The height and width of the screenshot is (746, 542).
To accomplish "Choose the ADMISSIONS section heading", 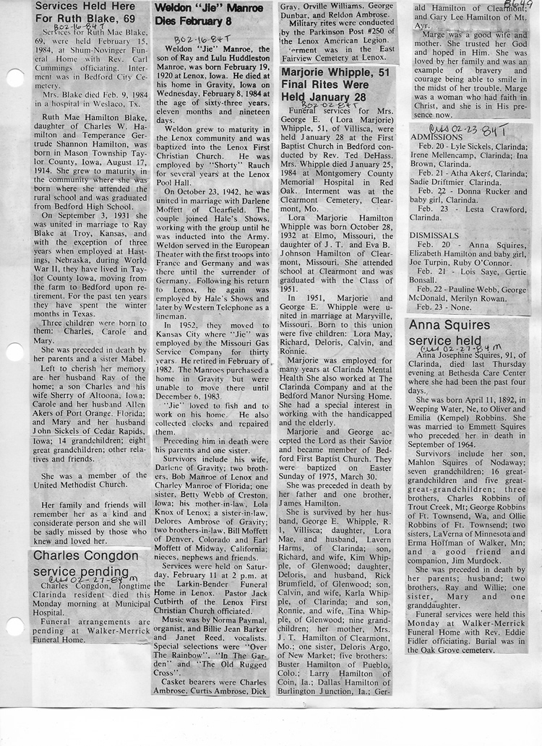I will click(x=436, y=136).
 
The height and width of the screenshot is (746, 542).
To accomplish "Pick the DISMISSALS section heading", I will click(x=434, y=235).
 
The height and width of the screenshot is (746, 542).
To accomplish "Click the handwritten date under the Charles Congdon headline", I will click(x=93, y=578).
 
